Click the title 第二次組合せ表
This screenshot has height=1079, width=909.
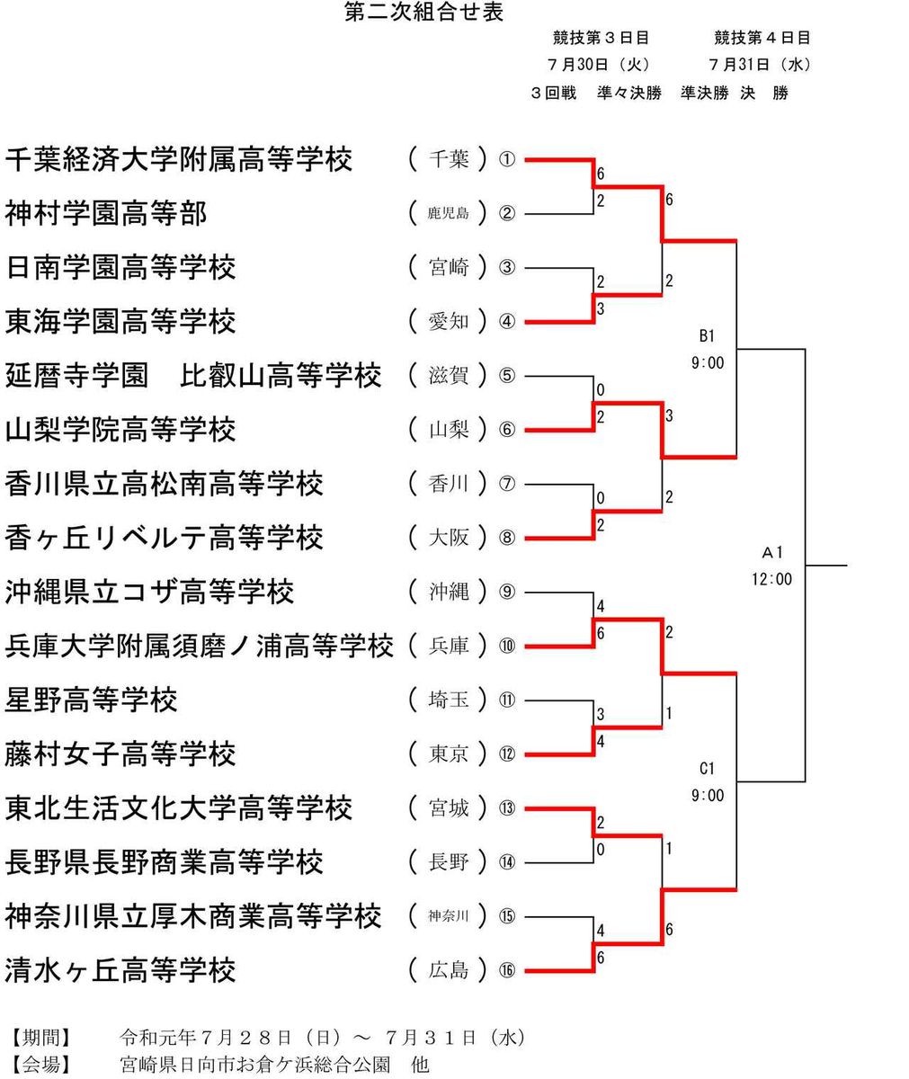click(424, 12)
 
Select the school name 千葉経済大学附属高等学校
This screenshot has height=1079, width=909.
click(179, 160)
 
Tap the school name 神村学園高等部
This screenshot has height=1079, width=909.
click(106, 214)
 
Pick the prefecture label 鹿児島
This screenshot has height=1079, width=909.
click(449, 214)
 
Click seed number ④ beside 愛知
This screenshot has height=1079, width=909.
click(507, 322)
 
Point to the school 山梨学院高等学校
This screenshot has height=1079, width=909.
click(120, 430)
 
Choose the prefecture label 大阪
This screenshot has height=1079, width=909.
click(449, 538)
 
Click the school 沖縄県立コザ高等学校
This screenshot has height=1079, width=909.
click(149, 592)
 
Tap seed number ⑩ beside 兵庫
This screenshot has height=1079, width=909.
click(507, 646)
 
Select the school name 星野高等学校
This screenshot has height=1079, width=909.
click(91, 700)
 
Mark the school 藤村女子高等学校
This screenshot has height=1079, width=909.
click(120, 754)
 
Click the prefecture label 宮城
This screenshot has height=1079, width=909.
click(449, 807)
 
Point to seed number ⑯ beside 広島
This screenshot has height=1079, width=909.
click(507, 970)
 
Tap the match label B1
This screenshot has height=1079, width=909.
click(707, 336)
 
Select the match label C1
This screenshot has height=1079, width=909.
click(707, 768)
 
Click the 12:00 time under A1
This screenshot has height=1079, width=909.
click(772, 579)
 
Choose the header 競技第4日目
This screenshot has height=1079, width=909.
click(762, 38)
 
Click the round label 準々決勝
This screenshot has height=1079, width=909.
click(628, 93)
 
